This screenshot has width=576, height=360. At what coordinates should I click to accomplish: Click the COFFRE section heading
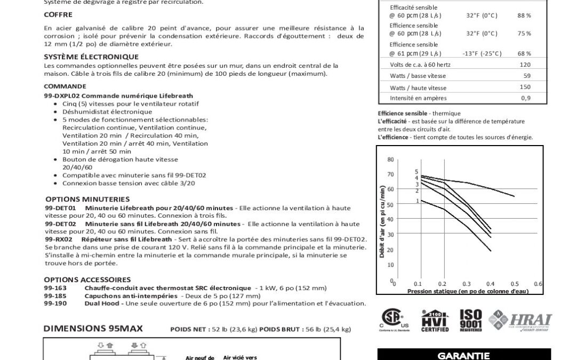[x=58, y=14]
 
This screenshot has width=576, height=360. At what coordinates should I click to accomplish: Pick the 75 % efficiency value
[x=524, y=33]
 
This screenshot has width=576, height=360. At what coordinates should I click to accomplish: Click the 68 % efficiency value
[x=524, y=53]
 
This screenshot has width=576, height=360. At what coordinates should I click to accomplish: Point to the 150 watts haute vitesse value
[x=525, y=87]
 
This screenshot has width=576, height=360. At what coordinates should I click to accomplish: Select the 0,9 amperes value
[x=526, y=98]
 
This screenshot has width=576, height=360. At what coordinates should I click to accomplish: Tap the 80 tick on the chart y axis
[x=390, y=159]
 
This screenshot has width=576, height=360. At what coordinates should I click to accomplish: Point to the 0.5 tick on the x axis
[x=514, y=284]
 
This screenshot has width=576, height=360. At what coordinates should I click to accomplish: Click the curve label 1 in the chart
[x=417, y=201]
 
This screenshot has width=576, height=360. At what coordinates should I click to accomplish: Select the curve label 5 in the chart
[x=417, y=171]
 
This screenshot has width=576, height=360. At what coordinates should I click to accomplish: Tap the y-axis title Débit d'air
[x=382, y=221]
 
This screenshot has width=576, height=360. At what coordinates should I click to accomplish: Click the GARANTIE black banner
[x=463, y=355]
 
